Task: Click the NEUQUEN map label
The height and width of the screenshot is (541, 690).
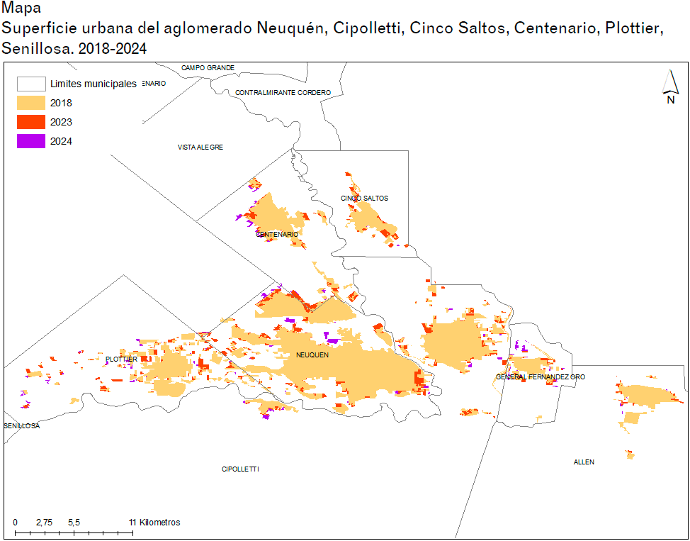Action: pos(312,355)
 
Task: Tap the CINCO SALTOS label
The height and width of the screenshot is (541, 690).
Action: pos(364,199)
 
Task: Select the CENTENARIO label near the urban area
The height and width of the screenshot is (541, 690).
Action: pos(277,235)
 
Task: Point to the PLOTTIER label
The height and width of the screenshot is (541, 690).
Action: pos(121,359)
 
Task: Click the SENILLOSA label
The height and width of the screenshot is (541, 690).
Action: pos(22,426)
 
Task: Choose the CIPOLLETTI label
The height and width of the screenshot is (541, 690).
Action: pos(240,469)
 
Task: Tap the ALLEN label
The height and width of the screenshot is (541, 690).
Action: pos(584,462)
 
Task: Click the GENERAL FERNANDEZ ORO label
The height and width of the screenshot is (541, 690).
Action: pos(541,377)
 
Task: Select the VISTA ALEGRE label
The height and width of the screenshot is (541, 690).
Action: pos(200,147)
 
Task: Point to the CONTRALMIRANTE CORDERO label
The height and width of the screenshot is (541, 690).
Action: pos(283,93)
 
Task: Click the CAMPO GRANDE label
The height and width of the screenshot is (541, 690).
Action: pos(208,68)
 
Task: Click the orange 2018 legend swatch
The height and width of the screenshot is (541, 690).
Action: pos(31,104)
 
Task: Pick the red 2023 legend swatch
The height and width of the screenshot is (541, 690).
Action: pos(31,122)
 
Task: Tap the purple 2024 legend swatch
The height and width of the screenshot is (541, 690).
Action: pos(31,141)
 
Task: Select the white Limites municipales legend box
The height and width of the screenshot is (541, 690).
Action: pos(31,84)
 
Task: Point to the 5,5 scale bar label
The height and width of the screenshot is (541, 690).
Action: pos(74,523)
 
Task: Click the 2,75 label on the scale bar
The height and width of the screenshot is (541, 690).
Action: pos(44,523)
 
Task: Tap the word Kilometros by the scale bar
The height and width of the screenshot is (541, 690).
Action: pos(159,523)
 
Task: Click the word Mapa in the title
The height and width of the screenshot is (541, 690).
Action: pos(22,9)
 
